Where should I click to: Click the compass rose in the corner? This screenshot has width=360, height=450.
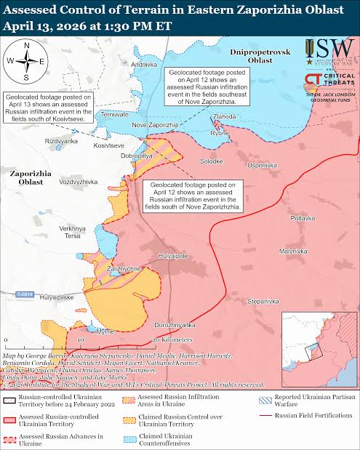coord(27,62)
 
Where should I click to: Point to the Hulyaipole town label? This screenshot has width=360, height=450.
coord(174,256)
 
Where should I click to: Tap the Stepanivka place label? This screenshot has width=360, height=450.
coord(263,300)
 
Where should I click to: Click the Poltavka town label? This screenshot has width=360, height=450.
coord(302,218)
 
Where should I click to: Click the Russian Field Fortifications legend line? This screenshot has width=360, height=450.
coord(267,417)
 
